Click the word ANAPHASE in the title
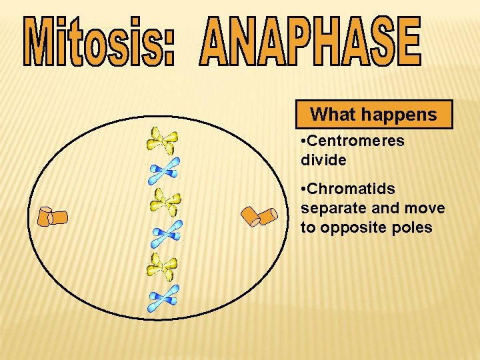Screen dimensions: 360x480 (310, 42)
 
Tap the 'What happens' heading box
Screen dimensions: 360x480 (374, 114)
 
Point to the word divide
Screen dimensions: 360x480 (323, 160)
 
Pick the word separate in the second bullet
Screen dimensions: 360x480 (331, 209)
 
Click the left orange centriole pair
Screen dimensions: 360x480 (52, 217)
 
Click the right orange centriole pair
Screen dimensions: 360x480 (259, 216)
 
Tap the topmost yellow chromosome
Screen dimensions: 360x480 (163, 141)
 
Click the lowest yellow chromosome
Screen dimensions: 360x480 (163, 267)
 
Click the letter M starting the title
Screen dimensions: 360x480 (41, 42)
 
